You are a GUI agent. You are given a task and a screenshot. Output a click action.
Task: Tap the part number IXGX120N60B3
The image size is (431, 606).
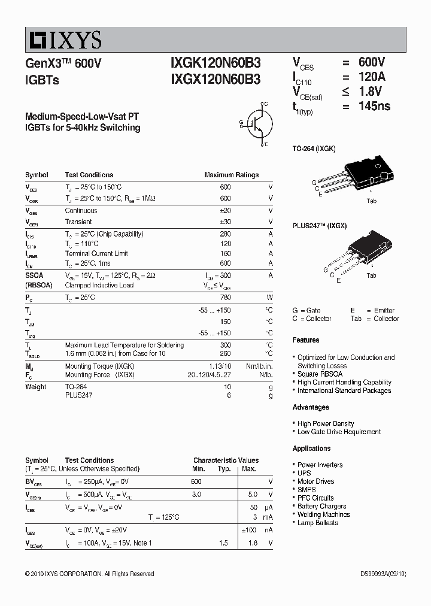click(x=215, y=78)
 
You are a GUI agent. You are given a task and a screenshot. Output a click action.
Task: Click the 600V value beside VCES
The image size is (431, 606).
click(x=372, y=62)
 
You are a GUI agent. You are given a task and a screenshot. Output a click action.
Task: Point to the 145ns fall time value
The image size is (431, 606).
click(x=374, y=106)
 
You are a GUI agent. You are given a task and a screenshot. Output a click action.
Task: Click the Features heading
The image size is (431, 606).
click(x=306, y=340)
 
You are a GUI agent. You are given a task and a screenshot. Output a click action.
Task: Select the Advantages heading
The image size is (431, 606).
click(x=311, y=407)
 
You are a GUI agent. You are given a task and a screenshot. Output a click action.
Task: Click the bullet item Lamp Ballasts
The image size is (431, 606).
click(x=317, y=523)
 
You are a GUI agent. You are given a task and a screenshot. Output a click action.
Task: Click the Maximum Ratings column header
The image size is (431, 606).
click(x=232, y=175)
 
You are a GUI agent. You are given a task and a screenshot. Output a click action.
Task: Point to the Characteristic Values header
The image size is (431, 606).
click(x=226, y=460)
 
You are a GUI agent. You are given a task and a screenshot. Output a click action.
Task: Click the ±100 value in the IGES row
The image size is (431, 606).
click(x=248, y=530)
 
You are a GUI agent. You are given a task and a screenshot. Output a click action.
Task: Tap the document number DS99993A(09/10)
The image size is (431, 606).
click(x=383, y=574)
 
